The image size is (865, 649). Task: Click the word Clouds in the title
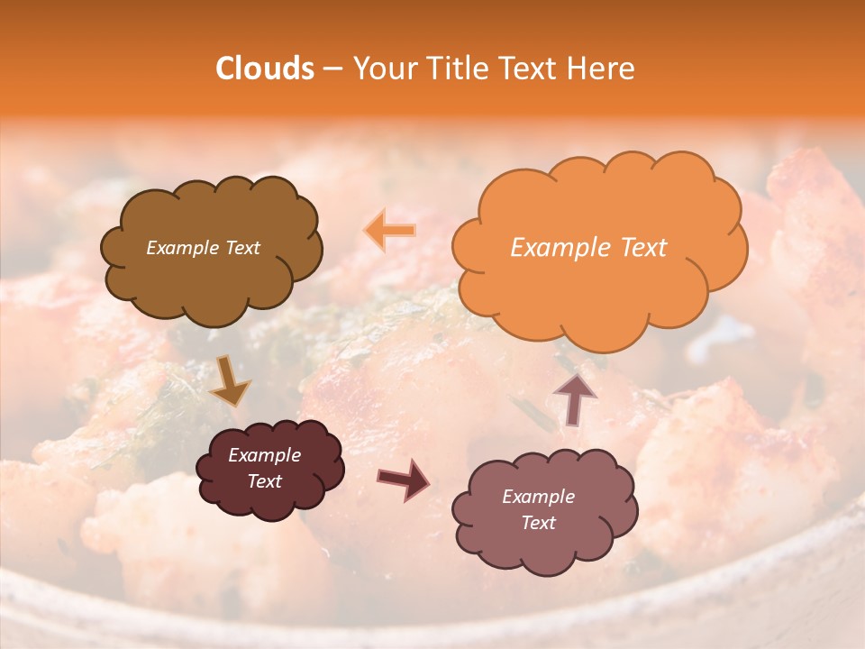point(265,69)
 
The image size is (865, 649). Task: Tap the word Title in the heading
point(459,69)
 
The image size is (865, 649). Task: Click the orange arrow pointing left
point(390,231)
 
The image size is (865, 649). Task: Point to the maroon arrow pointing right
point(403,479)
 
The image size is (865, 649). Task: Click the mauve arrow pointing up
point(574,398)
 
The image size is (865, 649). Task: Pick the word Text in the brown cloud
point(243,248)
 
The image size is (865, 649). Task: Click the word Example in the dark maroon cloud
point(264,455)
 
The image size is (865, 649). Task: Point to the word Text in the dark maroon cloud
point(264,481)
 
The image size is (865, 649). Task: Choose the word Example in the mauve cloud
point(538,497)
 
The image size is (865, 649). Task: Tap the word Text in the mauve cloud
point(538,523)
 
